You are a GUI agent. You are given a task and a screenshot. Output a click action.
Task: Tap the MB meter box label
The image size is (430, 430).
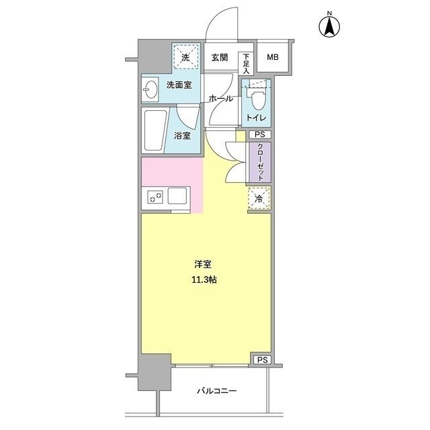272,58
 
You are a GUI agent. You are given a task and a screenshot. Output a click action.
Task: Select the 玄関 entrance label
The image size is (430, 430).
220,58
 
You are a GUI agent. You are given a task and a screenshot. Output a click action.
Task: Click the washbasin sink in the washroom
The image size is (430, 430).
149,88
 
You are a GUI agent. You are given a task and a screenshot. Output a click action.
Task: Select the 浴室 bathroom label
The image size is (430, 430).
182,135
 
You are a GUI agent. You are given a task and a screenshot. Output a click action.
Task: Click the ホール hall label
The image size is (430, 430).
221,99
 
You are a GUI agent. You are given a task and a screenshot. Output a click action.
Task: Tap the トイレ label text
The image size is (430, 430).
256,119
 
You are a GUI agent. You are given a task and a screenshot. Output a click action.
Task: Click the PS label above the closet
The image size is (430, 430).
260,135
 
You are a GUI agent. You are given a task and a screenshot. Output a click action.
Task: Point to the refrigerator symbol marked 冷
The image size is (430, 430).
259,198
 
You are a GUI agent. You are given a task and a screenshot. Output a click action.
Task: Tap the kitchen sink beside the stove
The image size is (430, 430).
179,197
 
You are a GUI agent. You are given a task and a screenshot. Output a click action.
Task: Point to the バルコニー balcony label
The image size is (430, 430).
216,390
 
